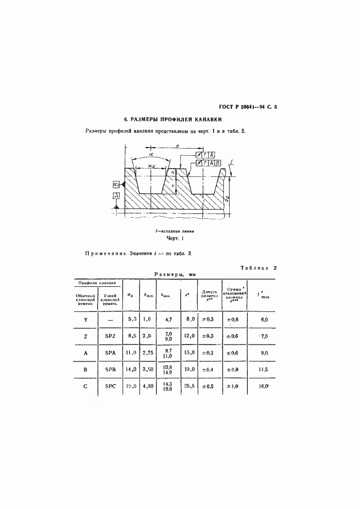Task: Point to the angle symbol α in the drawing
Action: [150, 155]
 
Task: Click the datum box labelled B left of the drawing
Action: [115, 185]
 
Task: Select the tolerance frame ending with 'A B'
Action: [208, 163]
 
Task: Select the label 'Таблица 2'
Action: [259, 268]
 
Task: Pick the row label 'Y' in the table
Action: [86, 319]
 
